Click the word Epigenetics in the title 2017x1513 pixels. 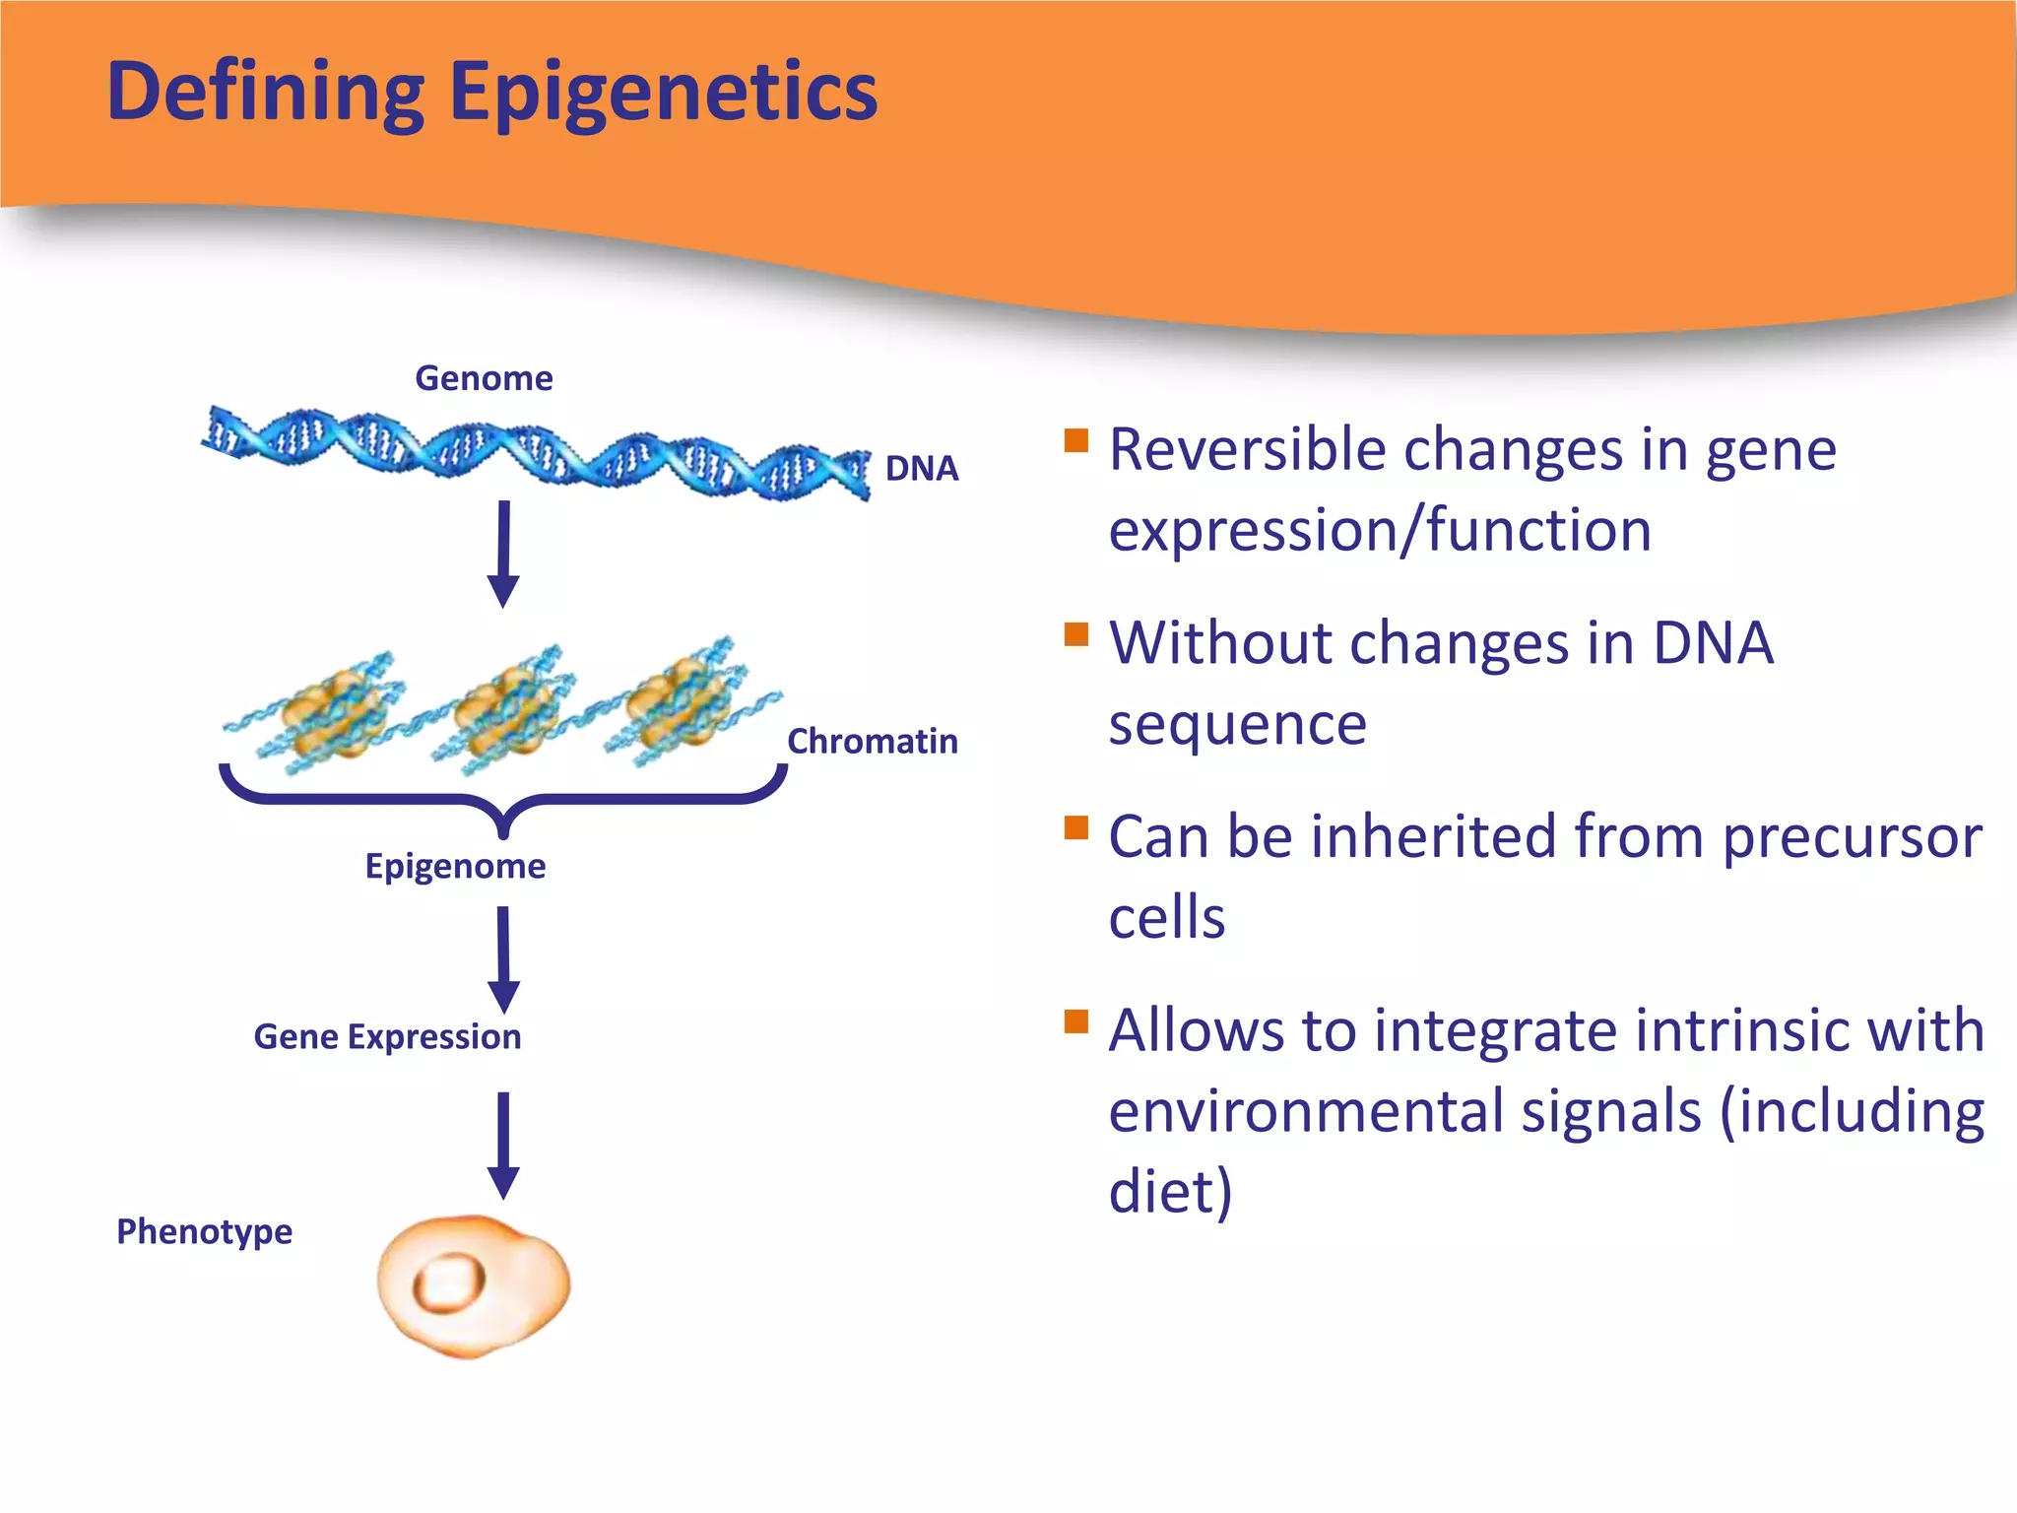663,92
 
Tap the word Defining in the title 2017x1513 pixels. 266,92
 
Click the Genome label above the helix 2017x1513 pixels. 484,378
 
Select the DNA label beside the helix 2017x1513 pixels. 921,468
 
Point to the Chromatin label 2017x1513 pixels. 872,741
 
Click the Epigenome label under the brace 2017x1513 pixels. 455,866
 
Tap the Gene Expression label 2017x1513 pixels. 387,1036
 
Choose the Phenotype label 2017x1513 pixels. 204,1231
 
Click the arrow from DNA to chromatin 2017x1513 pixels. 503,552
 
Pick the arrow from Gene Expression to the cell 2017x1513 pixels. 503,1143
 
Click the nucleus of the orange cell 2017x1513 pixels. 450,1283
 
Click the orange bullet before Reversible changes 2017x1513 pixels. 1076,439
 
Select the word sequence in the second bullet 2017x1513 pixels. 1237,725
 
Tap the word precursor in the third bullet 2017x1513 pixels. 1852,838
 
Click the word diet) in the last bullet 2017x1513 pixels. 1169,1190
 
